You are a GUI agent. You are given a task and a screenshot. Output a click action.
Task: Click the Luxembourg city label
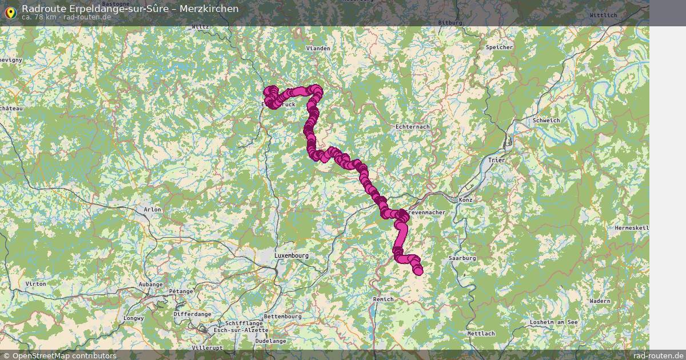coord(292,255)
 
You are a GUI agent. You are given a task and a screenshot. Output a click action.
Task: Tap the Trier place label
coord(497,161)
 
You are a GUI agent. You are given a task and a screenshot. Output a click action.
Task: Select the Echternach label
coord(412,126)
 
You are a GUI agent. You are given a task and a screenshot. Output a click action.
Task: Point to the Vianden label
coord(318,49)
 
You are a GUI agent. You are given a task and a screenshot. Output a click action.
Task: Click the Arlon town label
coord(153,210)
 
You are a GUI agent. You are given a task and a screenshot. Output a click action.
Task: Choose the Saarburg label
coord(462,258)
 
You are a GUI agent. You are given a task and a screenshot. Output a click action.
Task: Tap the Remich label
coord(383,299)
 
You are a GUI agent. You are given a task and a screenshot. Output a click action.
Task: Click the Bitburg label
coord(449,22)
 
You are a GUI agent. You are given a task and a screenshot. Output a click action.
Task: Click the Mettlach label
coord(480,333)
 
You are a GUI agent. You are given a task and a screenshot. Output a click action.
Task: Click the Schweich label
coord(546,121)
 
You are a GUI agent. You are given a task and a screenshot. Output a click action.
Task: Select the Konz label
coord(465,200)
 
